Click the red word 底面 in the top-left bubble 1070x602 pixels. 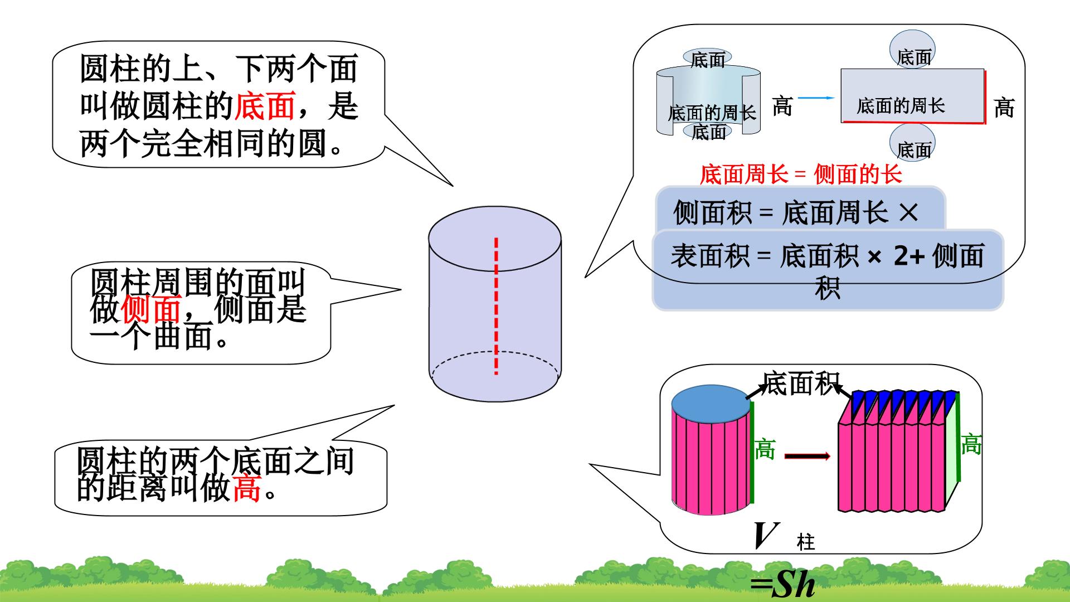click(264, 106)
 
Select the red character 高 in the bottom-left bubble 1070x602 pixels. click(246, 488)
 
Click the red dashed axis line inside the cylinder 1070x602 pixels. click(496, 307)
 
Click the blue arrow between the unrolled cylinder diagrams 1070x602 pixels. click(816, 98)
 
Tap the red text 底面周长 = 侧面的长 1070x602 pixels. click(801, 174)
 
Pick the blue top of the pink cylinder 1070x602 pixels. click(711, 404)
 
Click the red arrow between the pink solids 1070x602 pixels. click(808, 456)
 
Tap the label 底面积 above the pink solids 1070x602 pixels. click(800, 383)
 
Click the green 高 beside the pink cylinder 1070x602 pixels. click(765, 449)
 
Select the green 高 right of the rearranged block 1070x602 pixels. click(971, 445)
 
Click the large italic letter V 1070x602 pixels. click(765, 536)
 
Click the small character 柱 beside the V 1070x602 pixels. click(806, 542)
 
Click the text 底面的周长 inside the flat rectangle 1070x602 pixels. click(901, 106)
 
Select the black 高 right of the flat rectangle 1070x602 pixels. click(1004, 108)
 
